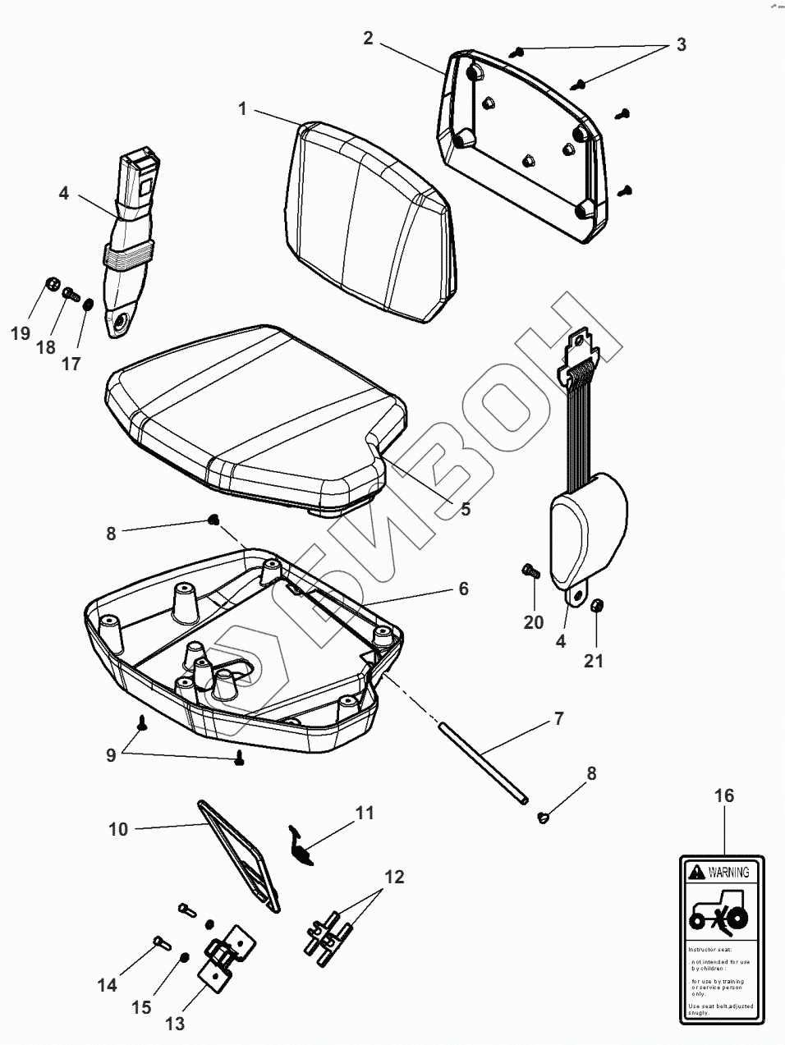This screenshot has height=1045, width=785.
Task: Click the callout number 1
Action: click(x=242, y=109)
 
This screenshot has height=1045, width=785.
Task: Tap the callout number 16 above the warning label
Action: click(x=723, y=795)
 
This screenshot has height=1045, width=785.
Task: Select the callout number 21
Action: click(x=593, y=659)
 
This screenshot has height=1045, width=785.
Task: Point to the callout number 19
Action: click(x=21, y=332)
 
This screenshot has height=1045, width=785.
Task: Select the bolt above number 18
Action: click(x=70, y=291)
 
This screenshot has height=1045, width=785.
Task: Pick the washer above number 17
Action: click(x=89, y=305)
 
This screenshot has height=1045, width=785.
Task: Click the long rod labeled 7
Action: click(x=484, y=763)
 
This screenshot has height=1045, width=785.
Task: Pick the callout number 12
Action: click(x=394, y=877)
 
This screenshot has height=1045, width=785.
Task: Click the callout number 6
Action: click(x=463, y=589)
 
